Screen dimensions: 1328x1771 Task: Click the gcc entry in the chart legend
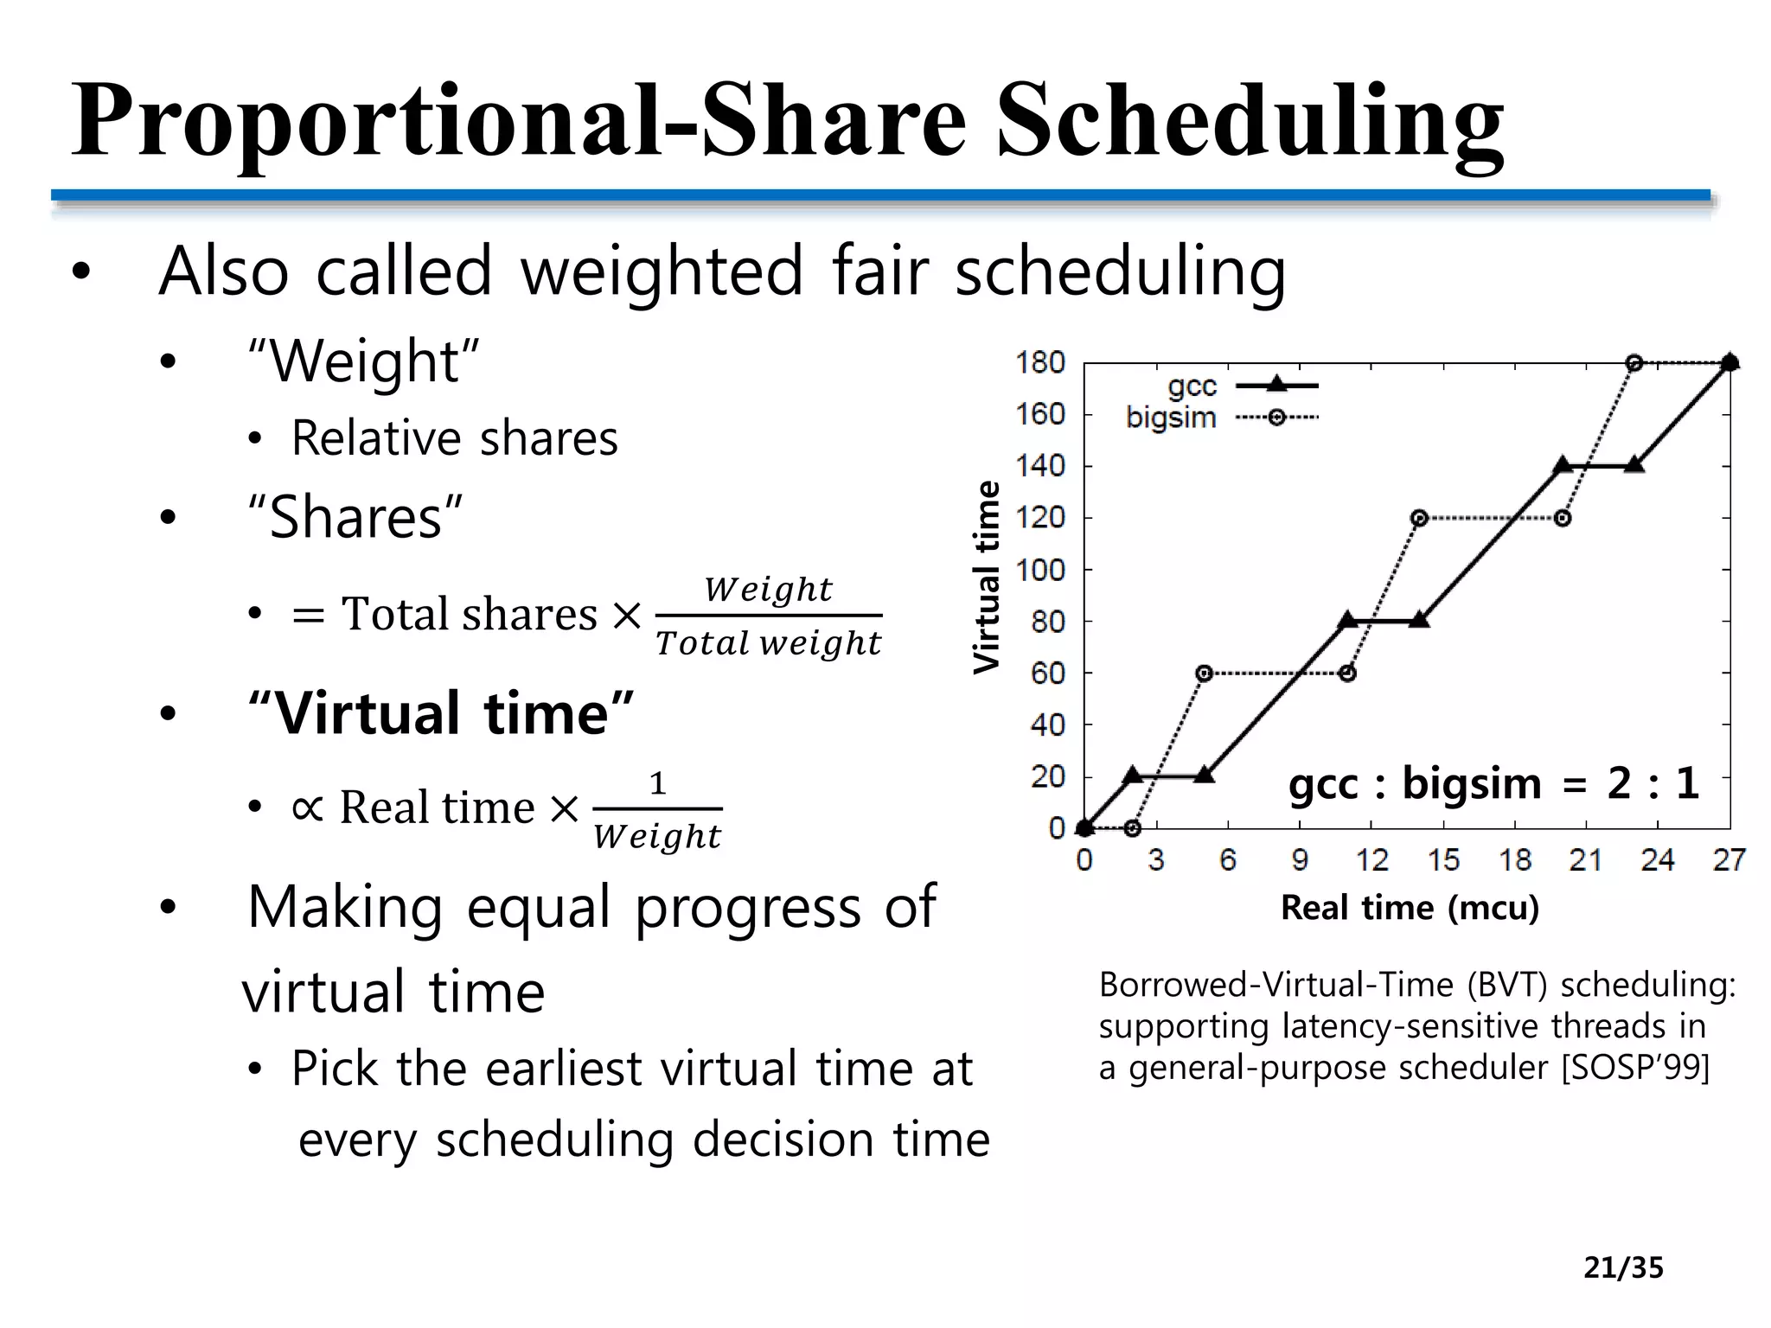1192,386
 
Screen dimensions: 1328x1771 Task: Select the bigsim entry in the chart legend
1171,418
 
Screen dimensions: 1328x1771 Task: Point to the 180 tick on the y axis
1040,363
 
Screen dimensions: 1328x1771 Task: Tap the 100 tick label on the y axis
1040,570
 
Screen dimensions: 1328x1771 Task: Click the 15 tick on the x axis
1443,859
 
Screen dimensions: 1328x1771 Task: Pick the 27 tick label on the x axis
1729,859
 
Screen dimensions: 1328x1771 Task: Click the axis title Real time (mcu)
1410,908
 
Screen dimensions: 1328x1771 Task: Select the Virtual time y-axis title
987,577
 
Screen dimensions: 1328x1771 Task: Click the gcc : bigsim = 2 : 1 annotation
1493,784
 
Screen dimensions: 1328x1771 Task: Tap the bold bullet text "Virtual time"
441,713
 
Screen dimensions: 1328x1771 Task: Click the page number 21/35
1623,1267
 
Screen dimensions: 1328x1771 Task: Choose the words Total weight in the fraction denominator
768,643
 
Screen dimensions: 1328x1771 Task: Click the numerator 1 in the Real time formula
657,783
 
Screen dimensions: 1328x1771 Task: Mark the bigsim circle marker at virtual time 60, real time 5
1204,673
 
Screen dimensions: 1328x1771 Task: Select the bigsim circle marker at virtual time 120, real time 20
1562,518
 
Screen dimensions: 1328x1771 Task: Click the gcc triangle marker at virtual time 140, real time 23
1634,465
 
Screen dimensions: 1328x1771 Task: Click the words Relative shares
455,437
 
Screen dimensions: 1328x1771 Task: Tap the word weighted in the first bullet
662,271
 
